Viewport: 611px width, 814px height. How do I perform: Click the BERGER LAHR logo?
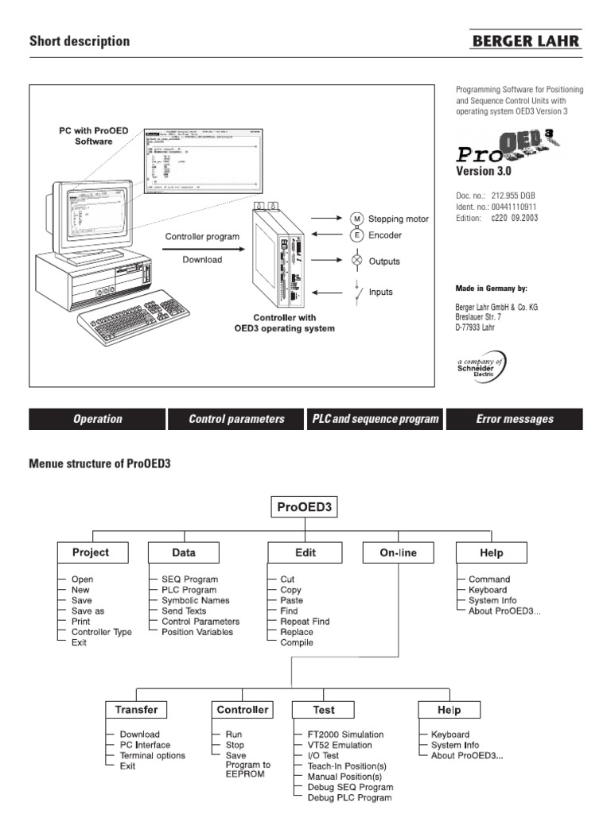tap(527, 41)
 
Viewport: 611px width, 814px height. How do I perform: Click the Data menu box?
tap(183, 552)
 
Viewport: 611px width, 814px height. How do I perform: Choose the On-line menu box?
tap(399, 552)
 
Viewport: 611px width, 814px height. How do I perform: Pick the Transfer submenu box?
tap(137, 709)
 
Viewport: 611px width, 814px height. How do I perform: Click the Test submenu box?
tap(324, 709)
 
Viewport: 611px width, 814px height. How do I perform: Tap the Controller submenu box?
tap(243, 709)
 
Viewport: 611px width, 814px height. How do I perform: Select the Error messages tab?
tap(514, 419)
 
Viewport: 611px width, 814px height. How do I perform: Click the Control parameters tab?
tap(236, 419)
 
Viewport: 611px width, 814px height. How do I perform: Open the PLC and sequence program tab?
tap(376, 419)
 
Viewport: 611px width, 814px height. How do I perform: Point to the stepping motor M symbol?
tap(356, 219)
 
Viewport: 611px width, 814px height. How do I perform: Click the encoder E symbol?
tap(356, 235)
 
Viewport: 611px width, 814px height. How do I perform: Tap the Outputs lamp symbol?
tap(356, 261)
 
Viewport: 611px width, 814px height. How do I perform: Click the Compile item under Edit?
tap(297, 642)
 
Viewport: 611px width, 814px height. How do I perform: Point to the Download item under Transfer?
tap(139, 735)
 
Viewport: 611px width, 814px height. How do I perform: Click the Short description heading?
tap(80, 41)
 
